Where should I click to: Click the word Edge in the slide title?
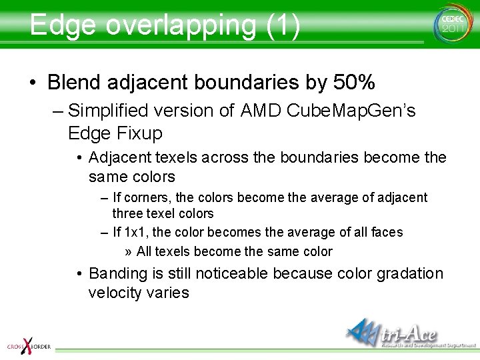click(63, 25)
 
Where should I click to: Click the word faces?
click(387, 232)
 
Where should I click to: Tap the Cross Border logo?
click(27, 345)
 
